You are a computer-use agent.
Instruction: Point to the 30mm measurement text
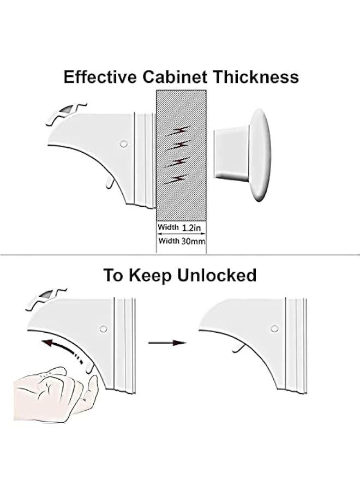(x=191, y=241)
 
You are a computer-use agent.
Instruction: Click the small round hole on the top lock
(x=123, y=143)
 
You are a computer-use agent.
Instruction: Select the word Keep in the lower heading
(x=152, y=276)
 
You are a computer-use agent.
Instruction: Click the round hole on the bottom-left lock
(x=103, y=329)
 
